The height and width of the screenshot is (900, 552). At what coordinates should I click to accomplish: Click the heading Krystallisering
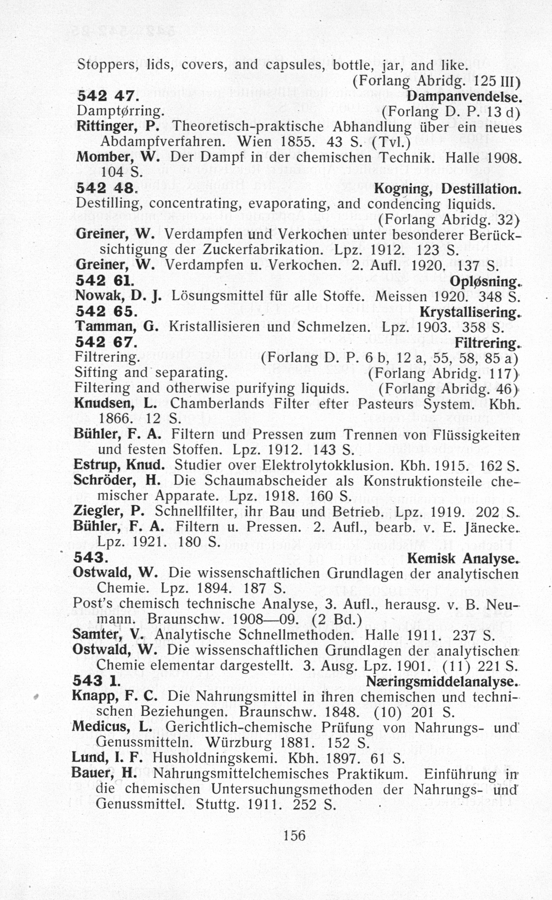[469, 313]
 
